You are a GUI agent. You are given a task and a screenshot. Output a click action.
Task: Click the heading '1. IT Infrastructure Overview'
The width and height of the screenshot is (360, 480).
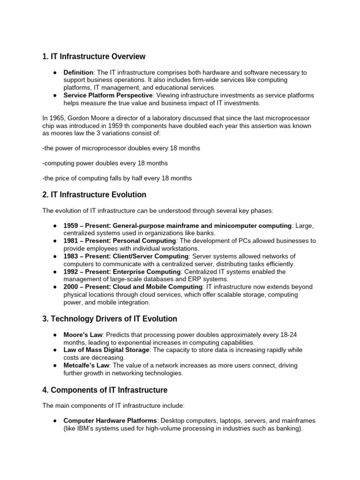(94, 57)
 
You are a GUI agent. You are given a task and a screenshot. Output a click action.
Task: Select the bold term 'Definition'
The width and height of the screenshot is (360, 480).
(79, 73)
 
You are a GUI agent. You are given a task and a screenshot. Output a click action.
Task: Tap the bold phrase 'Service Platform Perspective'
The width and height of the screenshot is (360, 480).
(108, 96)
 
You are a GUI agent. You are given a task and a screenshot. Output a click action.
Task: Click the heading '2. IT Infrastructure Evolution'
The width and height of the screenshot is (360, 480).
(94, 195)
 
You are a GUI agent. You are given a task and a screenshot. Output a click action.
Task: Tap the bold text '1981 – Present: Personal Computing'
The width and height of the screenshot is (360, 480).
(120, 241)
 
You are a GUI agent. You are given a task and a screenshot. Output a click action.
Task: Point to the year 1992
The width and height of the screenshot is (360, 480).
(71, 272)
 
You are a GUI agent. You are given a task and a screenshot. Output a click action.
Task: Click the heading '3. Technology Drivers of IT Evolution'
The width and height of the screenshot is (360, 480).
(110, 319)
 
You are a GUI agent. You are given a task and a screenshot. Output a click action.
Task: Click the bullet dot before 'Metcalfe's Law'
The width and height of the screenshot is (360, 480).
(55, 366)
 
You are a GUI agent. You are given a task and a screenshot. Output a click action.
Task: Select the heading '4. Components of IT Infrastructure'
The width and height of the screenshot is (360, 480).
(105, 390)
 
